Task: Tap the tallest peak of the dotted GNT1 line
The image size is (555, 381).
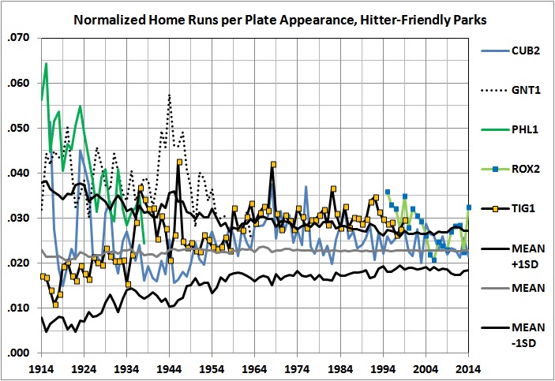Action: (169, 95)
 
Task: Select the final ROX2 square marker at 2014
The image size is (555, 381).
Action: (469, 207)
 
